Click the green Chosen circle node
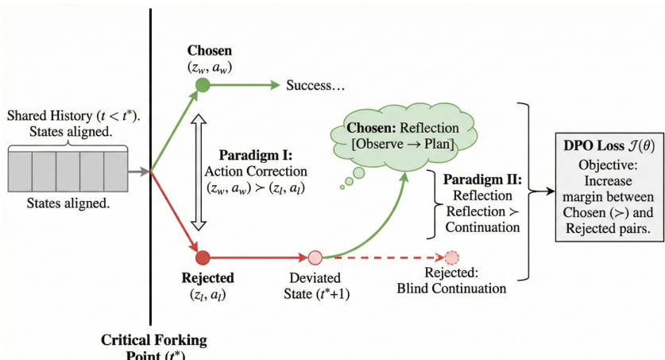click(x=203, y=85)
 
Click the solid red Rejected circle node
click(x=203, y=257)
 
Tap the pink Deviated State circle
click(x=315, y=257)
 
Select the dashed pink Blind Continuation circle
click(x=452, y=257)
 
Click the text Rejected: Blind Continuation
click(x=451, y=281)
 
